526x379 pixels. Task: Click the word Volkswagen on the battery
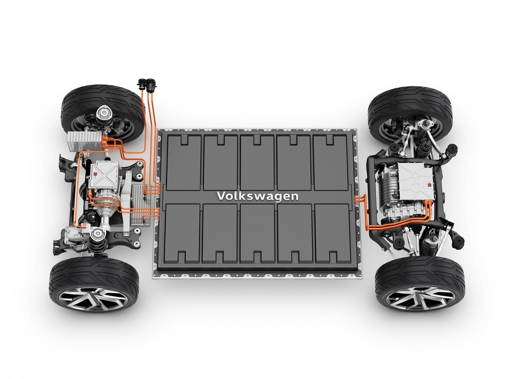(x=258, y=196)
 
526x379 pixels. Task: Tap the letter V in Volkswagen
(x=221, y=196)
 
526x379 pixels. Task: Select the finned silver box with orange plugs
(x=85, y=141)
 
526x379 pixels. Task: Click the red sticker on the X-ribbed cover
(x=95, y=176)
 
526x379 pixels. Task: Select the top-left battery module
(x=183, y=163)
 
